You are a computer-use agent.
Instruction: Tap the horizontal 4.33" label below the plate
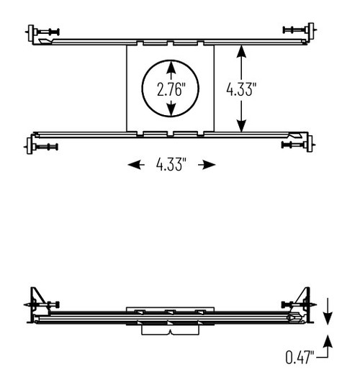[171, 165]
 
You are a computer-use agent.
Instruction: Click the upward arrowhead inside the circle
[171, 67]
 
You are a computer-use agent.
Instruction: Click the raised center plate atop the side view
[170, 310]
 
